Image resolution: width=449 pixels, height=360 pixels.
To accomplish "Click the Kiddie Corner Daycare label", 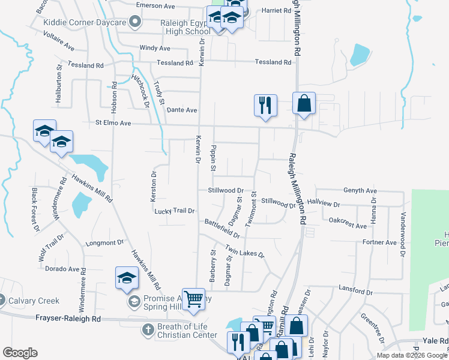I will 84,22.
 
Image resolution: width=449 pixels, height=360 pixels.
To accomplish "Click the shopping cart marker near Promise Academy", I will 193,298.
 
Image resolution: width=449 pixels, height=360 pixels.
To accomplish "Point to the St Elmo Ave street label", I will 113,123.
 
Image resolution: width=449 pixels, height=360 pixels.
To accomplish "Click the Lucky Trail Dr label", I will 175,211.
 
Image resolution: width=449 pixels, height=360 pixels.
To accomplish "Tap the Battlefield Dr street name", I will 222,229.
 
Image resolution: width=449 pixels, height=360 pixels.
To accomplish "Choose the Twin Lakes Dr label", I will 245,251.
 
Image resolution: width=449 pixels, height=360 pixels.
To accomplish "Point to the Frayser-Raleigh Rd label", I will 68,319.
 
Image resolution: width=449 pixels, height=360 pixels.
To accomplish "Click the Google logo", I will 20,353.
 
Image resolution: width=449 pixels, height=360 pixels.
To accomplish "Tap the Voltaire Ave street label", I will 59,40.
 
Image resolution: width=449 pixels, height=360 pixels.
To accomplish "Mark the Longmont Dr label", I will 104,243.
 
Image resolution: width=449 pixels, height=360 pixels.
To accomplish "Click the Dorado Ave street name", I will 63,269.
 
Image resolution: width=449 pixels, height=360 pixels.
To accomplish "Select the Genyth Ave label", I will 360,190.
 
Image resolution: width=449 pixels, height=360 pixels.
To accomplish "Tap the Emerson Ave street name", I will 155,6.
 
